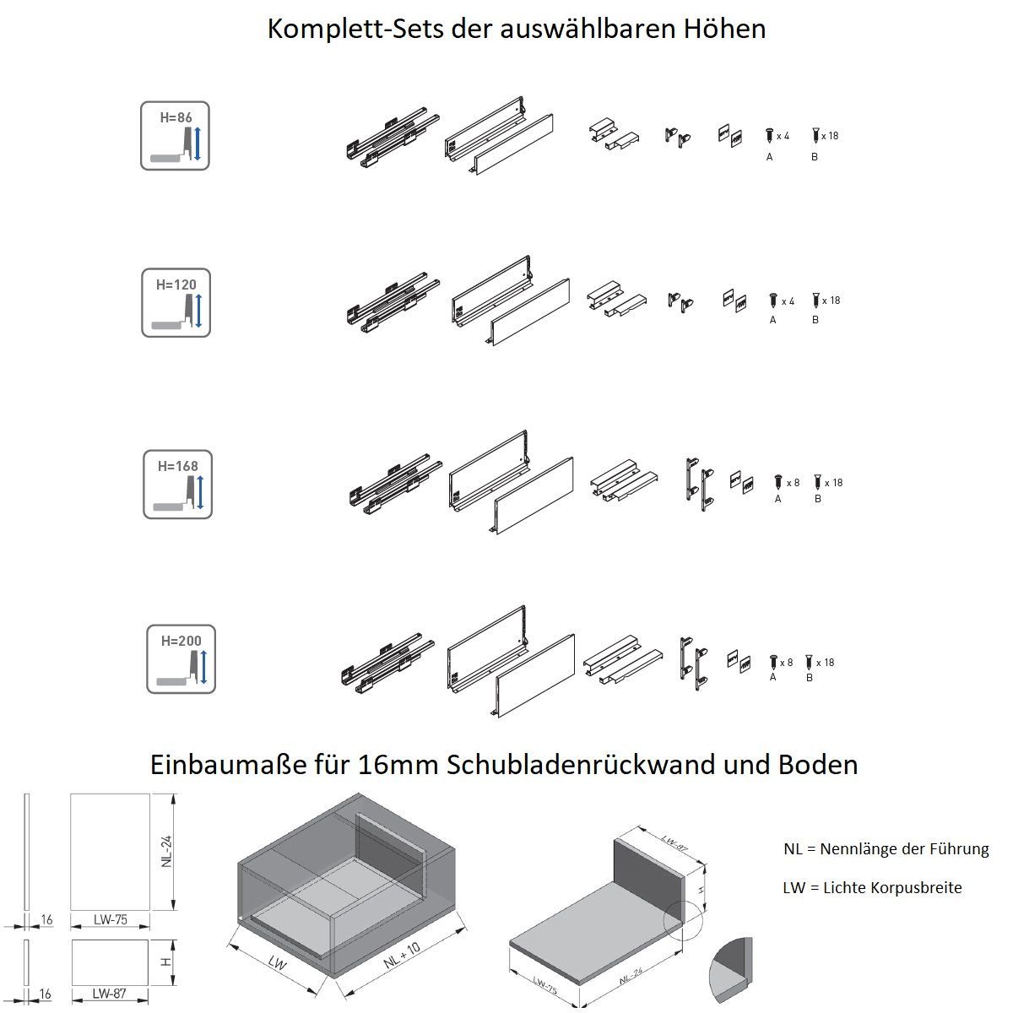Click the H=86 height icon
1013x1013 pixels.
175,136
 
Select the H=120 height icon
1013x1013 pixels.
176,303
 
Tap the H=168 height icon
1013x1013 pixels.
177,485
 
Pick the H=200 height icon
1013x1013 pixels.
181,658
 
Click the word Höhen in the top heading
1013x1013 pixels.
724,29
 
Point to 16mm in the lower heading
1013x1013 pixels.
398,764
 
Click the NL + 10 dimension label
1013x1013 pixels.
402,954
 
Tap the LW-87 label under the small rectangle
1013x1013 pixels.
110,994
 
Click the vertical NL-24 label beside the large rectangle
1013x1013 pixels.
166,852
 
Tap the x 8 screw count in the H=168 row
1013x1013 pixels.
793,483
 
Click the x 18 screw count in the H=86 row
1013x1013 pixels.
830,136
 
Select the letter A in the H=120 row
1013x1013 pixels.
772,320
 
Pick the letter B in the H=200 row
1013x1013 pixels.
810,678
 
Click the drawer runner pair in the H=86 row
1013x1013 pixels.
393,138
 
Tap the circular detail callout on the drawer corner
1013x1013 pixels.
683,921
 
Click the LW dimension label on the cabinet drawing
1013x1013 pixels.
277,962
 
